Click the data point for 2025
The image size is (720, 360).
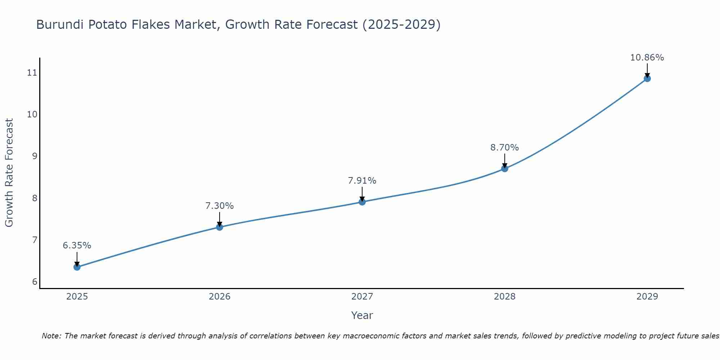click(77, 267)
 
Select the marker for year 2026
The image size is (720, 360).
click(220, 227)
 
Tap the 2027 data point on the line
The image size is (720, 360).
click(362, 202)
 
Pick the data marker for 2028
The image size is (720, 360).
click(505, 168)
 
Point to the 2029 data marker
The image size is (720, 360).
click(647, 78)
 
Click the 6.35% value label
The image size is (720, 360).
click(77, 246)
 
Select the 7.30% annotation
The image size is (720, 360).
click(220, 206)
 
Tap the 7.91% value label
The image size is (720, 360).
click(362, 181)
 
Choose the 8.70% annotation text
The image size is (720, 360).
click(505, 148)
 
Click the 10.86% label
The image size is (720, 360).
click(647, 58)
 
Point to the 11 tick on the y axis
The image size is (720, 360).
click(32, 73)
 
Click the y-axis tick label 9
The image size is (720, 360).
click(35, 156)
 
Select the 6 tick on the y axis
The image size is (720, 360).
click(35, 282)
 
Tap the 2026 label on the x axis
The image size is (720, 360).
click(220, 297)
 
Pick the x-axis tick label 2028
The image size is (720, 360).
click(505, 297)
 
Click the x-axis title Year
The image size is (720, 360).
click(362, 315)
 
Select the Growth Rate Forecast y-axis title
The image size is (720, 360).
click(9, 173)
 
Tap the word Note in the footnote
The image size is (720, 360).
click(51, 336)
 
